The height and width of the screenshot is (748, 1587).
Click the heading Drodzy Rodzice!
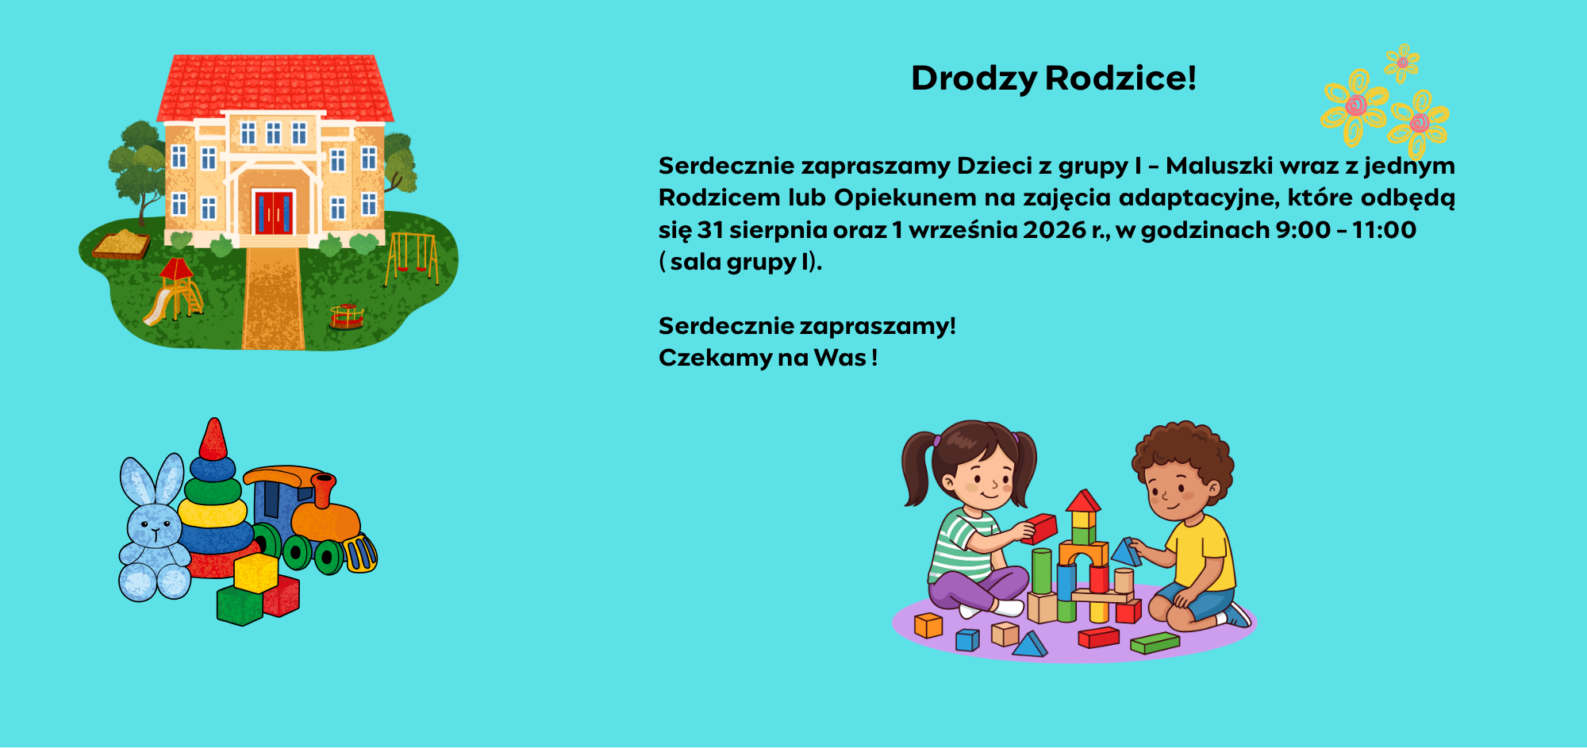[x=1053, y=79]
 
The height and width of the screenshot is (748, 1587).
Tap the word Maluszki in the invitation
[x=1219, y=166]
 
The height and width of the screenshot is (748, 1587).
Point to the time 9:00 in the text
[x=1303, y=230]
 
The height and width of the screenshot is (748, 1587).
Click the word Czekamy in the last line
[x=715, y=358]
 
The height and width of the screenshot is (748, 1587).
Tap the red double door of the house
[x=273, y=212]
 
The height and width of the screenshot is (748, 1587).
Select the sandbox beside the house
[x=121, y=244]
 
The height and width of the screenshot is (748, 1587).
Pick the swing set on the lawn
[x=412, y=258]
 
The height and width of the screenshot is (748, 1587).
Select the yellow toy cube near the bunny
[x=256, y=572]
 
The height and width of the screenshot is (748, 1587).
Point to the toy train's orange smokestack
[x=323, y=489]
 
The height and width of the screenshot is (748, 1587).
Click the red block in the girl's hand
[x=1039, y=529]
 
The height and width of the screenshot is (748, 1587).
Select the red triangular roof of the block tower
[x=1083, y=501]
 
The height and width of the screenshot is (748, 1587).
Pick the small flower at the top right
[x=1402, y=63]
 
